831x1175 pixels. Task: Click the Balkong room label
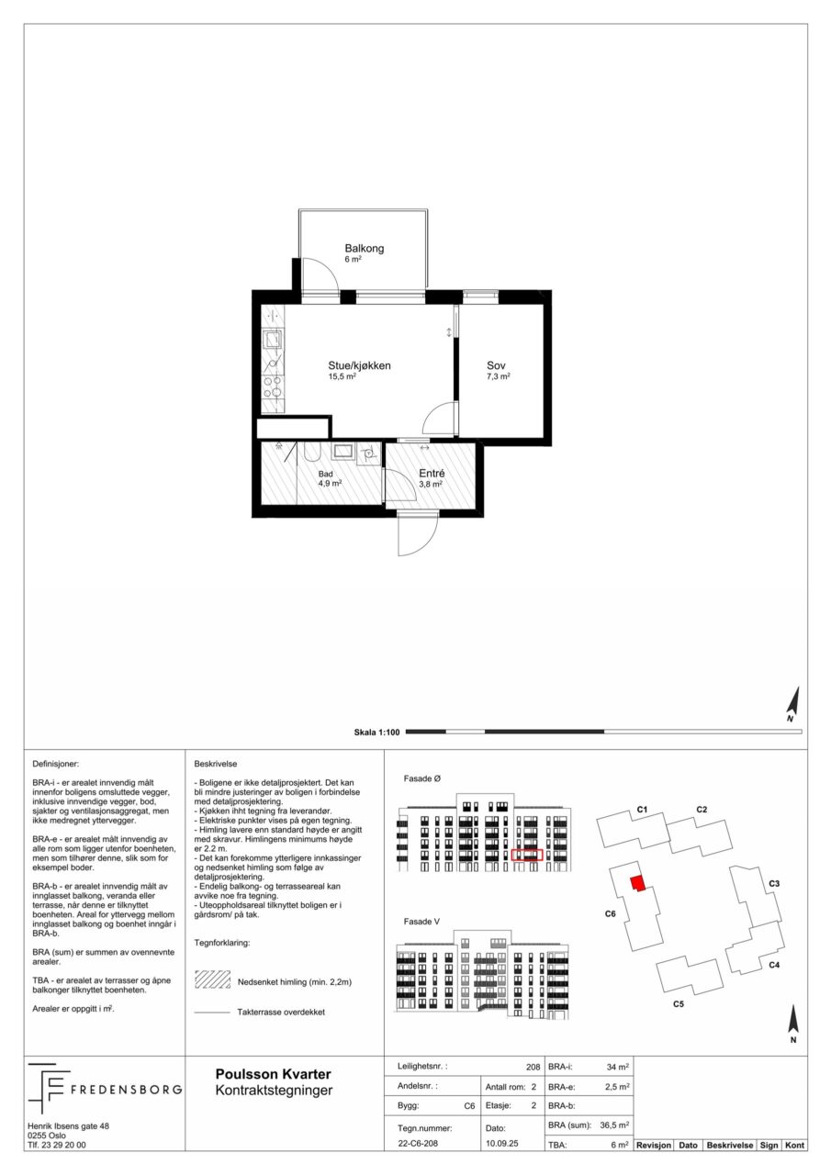coord(365,248)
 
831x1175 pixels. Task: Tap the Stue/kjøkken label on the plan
coord(359,365)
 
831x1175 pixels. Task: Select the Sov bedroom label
coord(496,365)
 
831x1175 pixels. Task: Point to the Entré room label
coord(432,473)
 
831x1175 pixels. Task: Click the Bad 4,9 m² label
coord(330,479)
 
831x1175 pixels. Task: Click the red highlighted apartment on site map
coord(637,883)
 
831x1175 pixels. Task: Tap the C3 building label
coord(774,883)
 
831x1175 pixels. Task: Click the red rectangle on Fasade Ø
coord(527,855)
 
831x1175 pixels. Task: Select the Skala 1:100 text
coord(376,733)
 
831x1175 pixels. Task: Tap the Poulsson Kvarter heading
coord(274,1074)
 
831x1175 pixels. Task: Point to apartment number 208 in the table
coord(533,1067)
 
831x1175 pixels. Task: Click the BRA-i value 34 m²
coord(618,1067)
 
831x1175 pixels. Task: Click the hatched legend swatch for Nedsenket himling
coord(212,979)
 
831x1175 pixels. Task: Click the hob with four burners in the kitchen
coord(274,387)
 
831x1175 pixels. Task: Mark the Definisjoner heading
coord(56,765)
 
